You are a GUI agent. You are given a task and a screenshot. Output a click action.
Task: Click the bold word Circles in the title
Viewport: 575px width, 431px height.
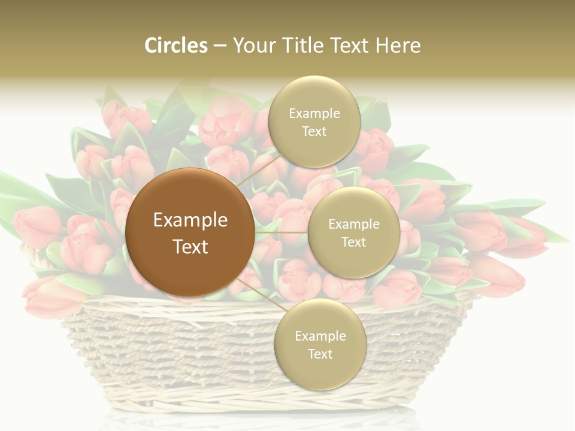point(176,45)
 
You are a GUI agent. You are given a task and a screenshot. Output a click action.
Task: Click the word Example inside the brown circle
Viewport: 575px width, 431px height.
point(190,220)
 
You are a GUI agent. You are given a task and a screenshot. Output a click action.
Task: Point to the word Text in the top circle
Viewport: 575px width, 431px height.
point(314,132)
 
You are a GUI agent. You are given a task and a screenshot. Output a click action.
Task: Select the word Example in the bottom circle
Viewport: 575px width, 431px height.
point(320,336)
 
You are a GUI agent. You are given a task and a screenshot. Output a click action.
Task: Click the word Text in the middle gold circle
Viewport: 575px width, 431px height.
point(354,242)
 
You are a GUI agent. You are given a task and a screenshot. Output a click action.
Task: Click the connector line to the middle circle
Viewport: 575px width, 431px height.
point(282,232)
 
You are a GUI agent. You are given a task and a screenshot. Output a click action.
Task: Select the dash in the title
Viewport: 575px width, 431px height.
point(220,45)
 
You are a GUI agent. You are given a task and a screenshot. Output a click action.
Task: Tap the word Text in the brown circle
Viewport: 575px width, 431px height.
point(190,247)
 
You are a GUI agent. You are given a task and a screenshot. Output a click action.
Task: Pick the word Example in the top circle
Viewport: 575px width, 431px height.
point(314,113)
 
